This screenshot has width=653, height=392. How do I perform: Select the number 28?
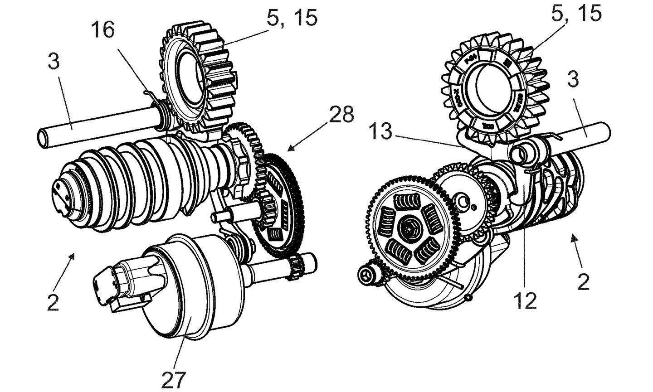point(341,115)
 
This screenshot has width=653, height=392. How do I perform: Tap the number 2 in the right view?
point(584,282)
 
